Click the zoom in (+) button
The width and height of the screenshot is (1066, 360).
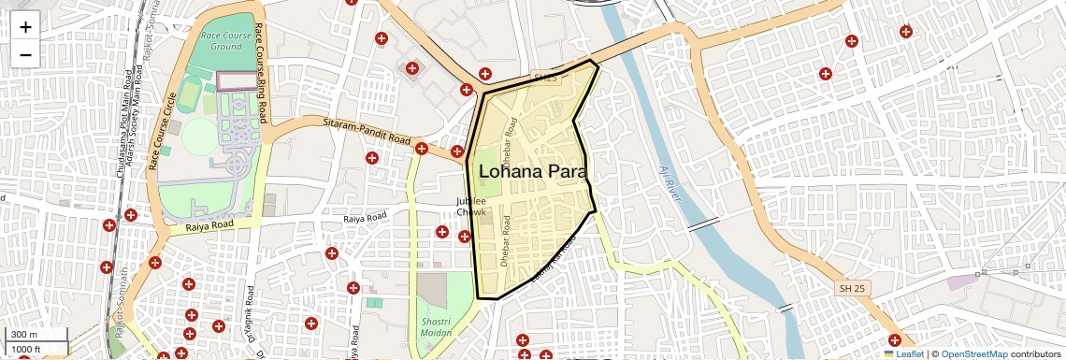[x=25, y=26]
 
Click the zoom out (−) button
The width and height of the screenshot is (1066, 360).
[x=25, y=54]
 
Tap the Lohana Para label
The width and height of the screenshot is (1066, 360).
[x=532, y=172]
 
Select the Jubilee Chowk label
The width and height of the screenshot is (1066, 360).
[x=471, y=207]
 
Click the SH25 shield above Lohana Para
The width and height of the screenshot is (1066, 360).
[x=544, y=78]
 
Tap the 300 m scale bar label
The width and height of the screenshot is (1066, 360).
[x=24, y=335]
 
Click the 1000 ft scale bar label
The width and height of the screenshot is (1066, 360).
[x=26, y=350]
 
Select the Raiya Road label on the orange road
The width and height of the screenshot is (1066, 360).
[x=209, y=225]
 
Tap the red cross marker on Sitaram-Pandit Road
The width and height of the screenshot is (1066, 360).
[x=422, y=148]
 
